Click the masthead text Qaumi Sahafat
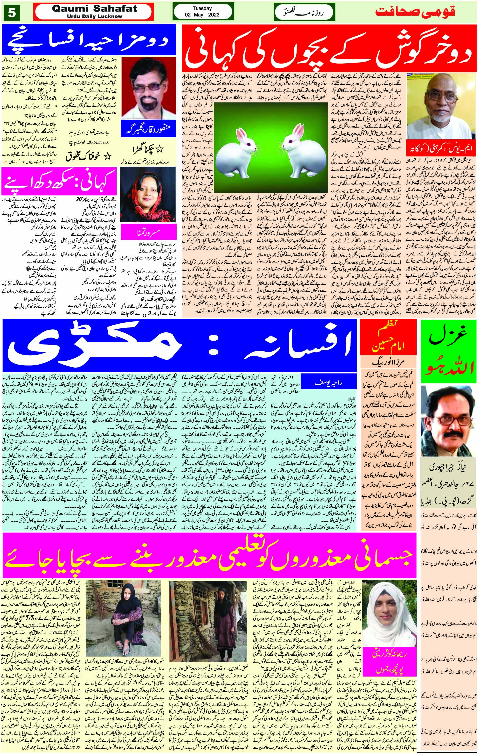click(95, 9)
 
